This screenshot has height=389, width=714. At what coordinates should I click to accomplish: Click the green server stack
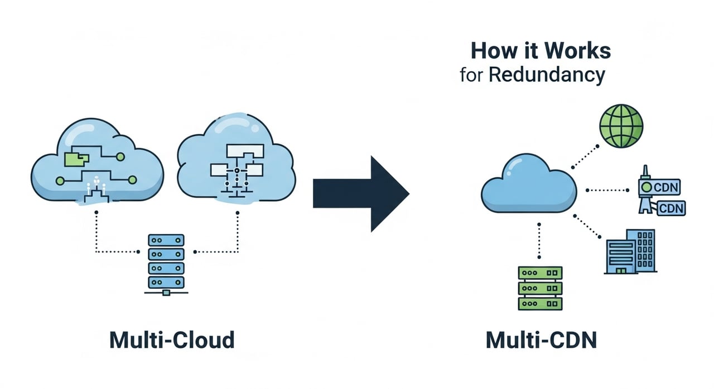[x=540, y=288]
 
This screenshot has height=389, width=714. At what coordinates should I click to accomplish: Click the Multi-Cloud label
[x=172, y=340]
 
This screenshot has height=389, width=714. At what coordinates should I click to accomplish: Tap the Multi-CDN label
[x=542, y=340]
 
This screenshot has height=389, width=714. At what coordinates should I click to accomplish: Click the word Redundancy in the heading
[x=547, y=75]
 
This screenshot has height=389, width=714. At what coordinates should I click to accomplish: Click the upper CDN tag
[x=665, y=187]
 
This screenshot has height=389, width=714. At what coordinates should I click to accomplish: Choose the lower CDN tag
[x=671, y=209]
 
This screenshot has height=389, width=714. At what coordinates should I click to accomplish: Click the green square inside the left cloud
[x=76, y=159]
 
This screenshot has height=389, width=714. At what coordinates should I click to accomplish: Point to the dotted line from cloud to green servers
[x=539, y=240]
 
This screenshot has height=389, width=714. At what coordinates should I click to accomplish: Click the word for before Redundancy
[x=471, y=76]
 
